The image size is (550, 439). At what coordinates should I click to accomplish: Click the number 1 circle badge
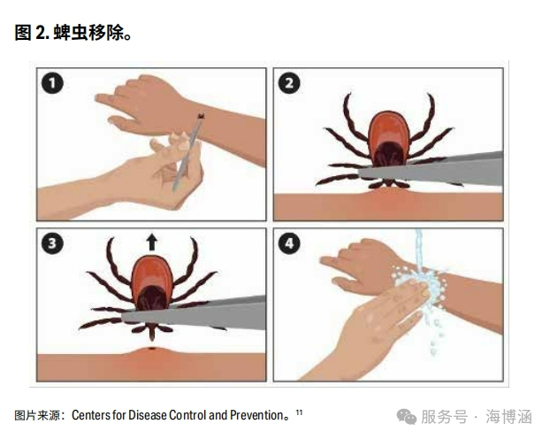[x=53, y=83]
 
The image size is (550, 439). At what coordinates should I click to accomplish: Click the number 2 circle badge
[x=289, y=83]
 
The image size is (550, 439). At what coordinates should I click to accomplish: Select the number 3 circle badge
[x=53, y=243]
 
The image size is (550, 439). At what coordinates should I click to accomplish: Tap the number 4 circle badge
[x=289, y=243]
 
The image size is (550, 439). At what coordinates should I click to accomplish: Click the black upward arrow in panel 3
[x=151, y=243]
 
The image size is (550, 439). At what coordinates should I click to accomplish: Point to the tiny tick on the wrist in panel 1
[x=201, y=116]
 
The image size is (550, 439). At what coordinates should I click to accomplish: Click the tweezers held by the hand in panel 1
[x=187, y=155]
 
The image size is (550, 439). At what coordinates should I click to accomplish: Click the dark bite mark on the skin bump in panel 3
[x=151, y=349]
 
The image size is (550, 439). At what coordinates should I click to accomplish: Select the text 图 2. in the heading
[x=32, y=33]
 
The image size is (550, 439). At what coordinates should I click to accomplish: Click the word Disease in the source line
[x=148, y=415]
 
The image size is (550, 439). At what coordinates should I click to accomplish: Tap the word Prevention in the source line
[x=256, y=415]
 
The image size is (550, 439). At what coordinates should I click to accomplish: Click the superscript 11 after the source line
[x=299, y=412]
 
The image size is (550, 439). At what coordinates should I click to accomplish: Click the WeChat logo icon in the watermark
[x=406, y=417]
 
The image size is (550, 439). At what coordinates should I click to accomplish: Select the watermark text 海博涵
[x=508, y=417]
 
